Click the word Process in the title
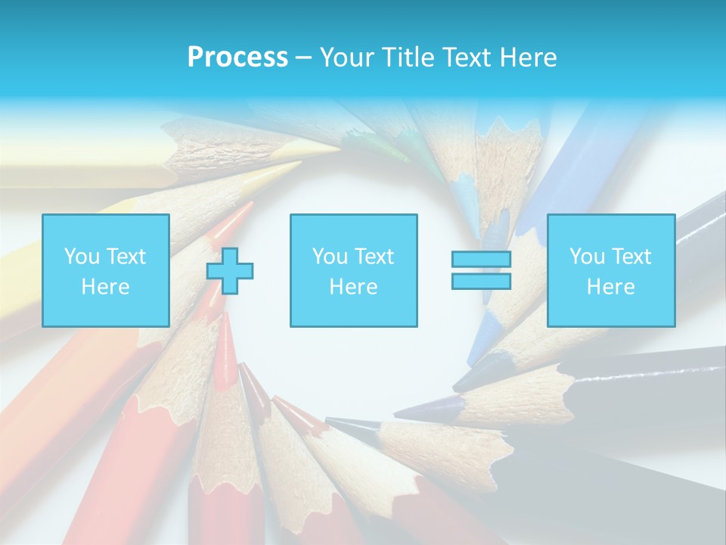[237, 58]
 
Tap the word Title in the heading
[405, 58]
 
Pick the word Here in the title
[529, 58]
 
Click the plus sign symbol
[230, 271]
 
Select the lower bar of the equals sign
[481, 281]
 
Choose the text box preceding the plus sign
[106, 270]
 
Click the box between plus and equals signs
[353, 270]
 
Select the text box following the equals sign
[611, 270]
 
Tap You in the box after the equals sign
[587, 257]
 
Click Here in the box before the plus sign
[105, 287]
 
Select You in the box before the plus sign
[82, 257]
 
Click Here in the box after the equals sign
[610, 287]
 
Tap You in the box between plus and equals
[330, 257]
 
